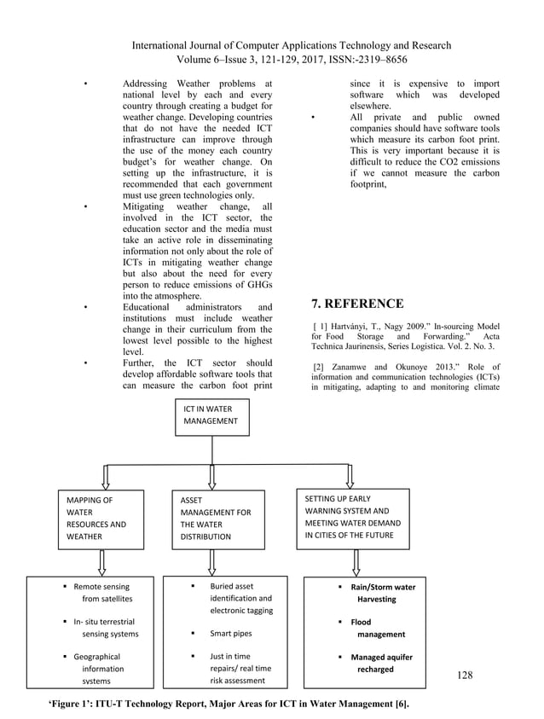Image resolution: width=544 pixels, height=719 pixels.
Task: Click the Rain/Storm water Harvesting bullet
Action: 380,593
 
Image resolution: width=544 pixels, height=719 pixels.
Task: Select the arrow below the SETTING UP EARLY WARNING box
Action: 350,560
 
